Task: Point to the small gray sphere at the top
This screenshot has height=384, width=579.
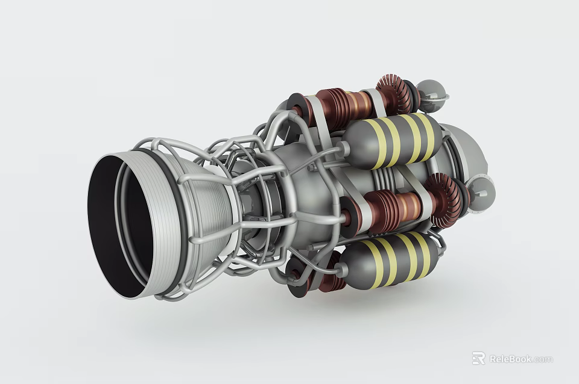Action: tap(432, 94)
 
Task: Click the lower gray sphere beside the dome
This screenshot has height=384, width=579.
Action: tap(481, 193)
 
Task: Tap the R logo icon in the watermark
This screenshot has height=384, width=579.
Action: tap(478, 358)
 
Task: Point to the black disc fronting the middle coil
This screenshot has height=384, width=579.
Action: tap(350, 214)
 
